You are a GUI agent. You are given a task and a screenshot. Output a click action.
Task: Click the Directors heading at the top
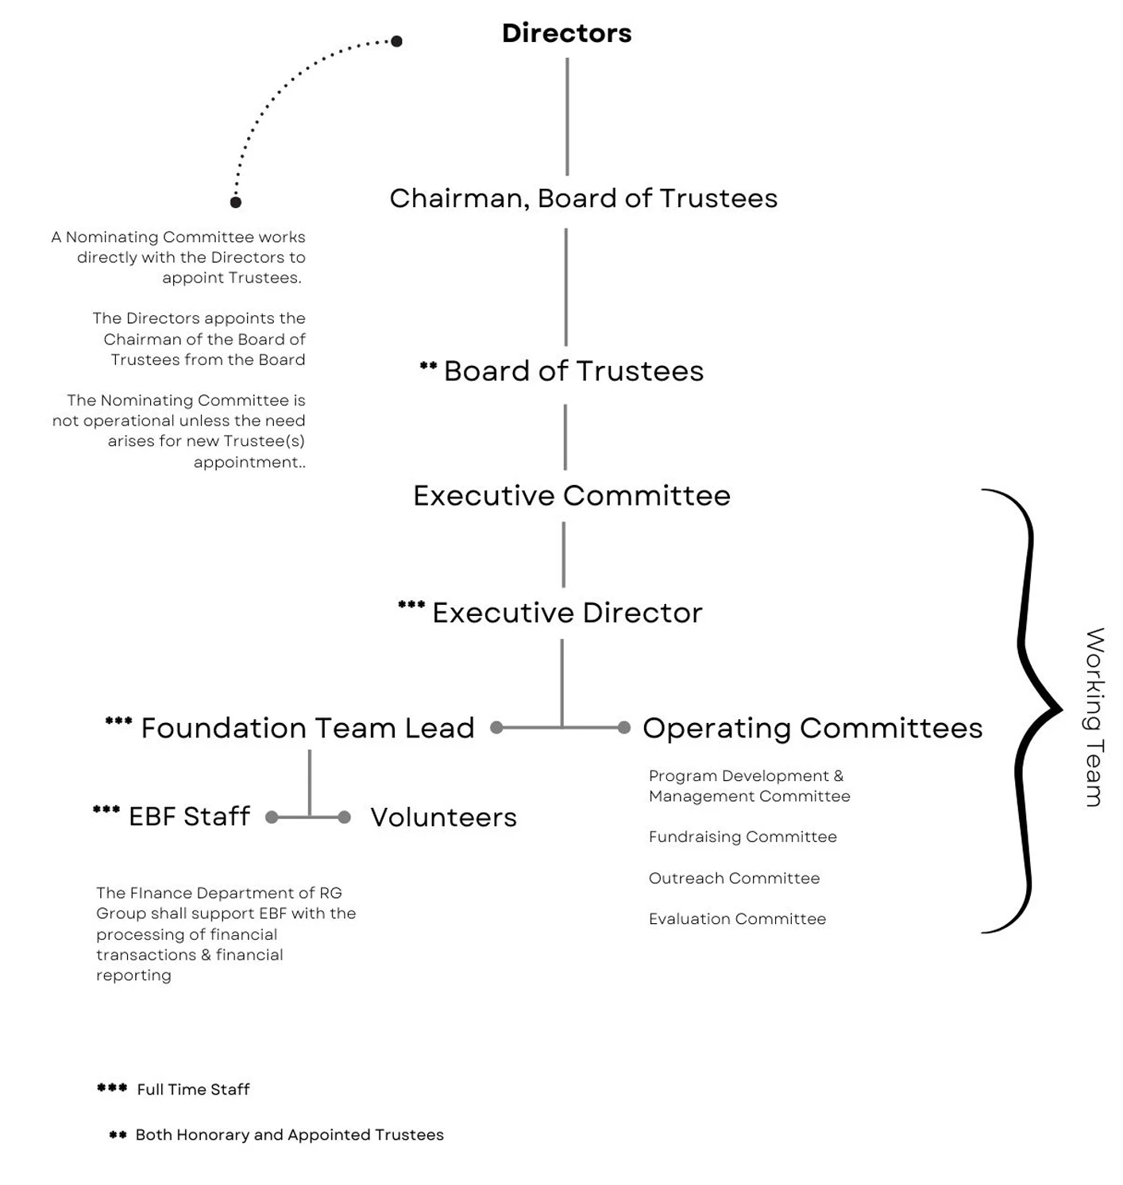click(566, 33)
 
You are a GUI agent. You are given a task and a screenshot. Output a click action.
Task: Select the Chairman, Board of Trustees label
click(583, 198)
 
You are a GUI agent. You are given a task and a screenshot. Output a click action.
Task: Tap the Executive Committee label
click(571, 496)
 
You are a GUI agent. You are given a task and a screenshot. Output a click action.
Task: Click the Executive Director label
click(567, 613)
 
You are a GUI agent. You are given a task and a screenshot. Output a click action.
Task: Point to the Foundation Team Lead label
click(307, 728)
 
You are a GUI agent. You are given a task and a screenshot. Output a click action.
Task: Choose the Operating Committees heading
click(812, 728)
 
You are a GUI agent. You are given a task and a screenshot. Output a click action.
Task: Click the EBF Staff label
click(189, 816)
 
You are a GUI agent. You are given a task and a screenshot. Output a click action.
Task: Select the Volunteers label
click(443, 817)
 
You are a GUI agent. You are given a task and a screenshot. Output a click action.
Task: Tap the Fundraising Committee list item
click(743, 837)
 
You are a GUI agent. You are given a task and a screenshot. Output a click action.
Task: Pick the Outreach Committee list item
click(734, 878)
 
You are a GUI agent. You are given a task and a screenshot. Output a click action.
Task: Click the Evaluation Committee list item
click(737, 918)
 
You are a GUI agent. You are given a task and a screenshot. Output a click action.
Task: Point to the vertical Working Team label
click(1095, 717)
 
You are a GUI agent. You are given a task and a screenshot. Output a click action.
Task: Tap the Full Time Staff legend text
click(193, 1089)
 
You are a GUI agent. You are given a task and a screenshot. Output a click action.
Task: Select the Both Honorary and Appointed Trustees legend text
click(289, 1135)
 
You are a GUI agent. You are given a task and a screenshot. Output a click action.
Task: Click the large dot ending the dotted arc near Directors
click(396, 41)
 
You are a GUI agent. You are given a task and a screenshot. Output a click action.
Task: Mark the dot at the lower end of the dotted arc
click(236, 202)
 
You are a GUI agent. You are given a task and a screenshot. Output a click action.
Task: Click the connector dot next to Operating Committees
click(624, 727)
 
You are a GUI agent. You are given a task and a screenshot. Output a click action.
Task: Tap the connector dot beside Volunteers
click(344, 817)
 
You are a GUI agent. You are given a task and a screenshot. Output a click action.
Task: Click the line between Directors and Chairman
click(567, 117)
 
